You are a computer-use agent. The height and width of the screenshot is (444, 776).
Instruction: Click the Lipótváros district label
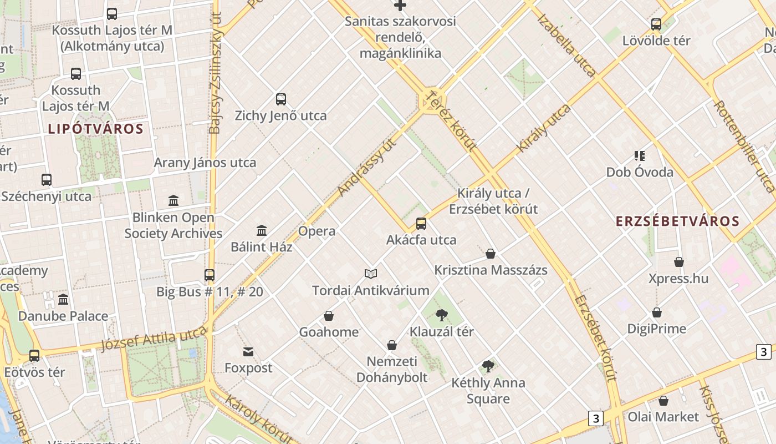pos(95,129)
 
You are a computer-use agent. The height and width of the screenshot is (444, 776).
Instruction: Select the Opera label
pos(316,231)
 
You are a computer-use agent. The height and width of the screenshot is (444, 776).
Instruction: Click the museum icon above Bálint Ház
pos(262,230)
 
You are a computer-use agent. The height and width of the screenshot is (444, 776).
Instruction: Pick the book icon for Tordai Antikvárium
pos(371,274)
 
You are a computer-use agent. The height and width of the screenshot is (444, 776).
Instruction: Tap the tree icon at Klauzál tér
pos(442,315)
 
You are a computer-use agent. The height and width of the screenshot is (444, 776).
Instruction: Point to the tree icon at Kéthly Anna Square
pos(488,366)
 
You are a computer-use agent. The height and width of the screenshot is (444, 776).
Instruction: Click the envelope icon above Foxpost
pos(248,351)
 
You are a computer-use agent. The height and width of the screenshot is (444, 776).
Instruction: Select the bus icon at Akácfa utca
pos(421,224)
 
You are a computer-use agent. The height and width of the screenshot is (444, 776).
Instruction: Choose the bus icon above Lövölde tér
pos(656,24)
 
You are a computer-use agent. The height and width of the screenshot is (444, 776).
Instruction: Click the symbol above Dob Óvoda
pos(640,156)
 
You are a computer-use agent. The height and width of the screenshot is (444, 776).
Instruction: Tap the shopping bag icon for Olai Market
pos(663,400)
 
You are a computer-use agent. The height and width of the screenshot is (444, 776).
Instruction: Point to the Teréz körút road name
pos(450,122)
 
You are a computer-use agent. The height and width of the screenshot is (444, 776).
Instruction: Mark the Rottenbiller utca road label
pos(743,145)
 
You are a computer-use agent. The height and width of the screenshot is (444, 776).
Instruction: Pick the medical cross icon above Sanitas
pos(400,6)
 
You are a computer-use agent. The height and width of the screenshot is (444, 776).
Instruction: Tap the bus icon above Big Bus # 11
pos(210,275)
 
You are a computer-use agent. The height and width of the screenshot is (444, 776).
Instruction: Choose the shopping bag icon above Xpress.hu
pos(679,262)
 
